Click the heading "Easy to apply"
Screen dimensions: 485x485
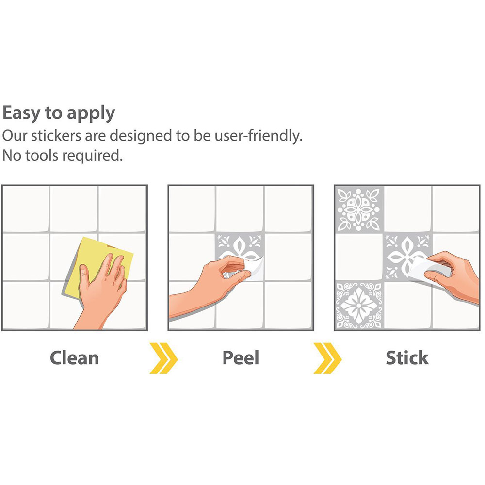coord(59,113)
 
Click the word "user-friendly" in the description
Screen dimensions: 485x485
coord(259,136)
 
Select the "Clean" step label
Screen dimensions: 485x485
coord(75,358)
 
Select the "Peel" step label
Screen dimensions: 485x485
coord(241,358)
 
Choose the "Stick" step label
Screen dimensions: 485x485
coord(407,358)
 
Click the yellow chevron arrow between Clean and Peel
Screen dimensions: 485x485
coord(163,358)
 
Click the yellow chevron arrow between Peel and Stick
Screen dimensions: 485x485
coord(327,358)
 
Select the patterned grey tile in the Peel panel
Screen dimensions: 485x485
coord(240,257)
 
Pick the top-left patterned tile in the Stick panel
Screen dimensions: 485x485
coord(359,209)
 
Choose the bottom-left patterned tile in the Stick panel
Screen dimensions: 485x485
coord(359,305)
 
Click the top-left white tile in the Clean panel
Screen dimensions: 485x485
coord(26,209)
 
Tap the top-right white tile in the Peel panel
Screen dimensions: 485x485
coord(288,209)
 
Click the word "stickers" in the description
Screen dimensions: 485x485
coord(56,136)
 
